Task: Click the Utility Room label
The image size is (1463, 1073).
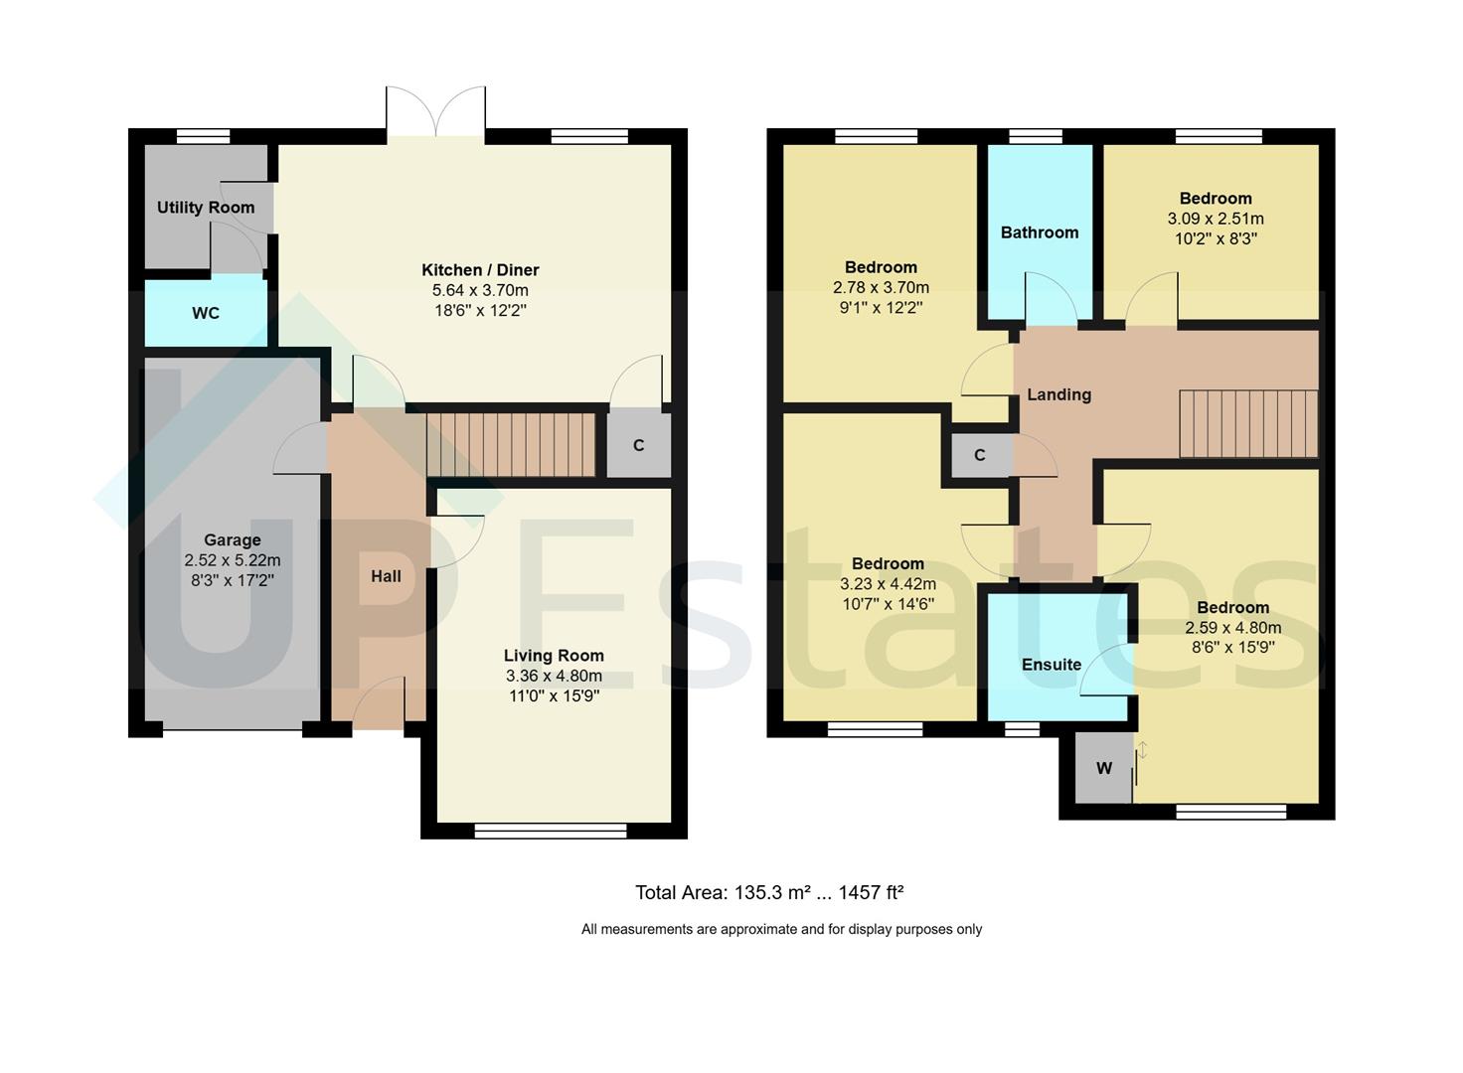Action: [206, 208]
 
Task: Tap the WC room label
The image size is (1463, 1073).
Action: [206, 314]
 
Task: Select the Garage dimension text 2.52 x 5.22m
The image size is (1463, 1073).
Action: [233, 560]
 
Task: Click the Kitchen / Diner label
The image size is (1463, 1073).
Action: [480, 270]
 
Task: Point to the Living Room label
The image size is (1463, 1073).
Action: [554, 656]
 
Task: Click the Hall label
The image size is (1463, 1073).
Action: [386, 576]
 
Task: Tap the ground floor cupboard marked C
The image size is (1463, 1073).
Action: [638, 445]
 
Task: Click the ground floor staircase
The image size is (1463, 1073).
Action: [511, 444]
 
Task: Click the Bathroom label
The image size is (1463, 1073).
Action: [1040, 232]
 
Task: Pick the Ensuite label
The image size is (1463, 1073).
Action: [1052, 665]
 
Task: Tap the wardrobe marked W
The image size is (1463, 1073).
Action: [1103, 768]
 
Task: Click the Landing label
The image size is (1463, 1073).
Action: [1058, 394]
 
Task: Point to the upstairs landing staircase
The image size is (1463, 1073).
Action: [1248, 424]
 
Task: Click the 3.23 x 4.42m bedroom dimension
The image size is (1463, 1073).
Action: [888, 584]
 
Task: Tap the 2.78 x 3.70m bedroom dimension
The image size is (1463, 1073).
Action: [881, 288]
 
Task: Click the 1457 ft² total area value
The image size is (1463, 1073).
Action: [871, 892]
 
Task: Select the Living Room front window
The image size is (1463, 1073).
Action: [551, 831]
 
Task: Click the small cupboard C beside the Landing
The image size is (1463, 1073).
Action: [979, 455]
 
